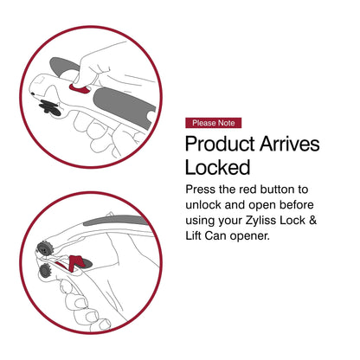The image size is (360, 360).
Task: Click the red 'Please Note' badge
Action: point(214,123)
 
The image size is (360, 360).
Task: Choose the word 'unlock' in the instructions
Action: point(209,204)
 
